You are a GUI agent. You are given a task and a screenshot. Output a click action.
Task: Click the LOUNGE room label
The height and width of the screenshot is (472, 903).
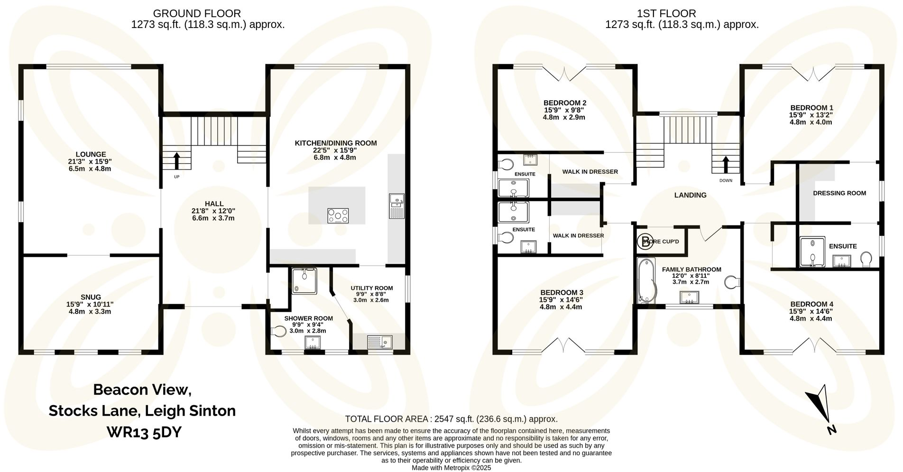pos(90,154)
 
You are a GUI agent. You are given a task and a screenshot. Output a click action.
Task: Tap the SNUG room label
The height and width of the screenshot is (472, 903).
pos(90,297)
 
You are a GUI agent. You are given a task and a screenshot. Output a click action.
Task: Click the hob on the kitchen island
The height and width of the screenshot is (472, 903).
pos(338,216)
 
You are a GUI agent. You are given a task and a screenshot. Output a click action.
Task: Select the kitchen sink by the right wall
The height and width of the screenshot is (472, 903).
pos(396,206)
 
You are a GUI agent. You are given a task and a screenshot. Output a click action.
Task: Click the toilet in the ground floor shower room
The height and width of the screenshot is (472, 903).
pos(278,331)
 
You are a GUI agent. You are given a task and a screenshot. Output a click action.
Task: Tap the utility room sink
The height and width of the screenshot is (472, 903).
pos(379,342)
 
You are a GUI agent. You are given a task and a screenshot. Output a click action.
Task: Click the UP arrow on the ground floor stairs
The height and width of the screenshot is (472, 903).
pos(177,161)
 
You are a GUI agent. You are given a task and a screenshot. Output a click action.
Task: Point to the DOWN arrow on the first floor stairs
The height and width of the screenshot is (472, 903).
pos(725,165)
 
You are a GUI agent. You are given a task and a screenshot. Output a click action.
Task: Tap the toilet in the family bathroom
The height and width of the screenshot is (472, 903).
pos(733,282)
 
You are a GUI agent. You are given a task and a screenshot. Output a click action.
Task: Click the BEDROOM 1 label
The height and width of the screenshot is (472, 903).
pos(811,108)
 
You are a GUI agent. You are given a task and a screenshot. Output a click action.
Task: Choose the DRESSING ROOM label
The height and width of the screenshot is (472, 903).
pos(839,193)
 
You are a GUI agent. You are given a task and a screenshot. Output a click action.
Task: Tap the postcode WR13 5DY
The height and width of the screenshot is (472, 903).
pos(144,432)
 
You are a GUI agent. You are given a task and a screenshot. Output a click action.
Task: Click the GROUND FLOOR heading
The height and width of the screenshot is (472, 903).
pos(197,13)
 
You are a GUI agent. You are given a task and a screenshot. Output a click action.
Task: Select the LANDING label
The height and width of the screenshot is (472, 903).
pos(690,195)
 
